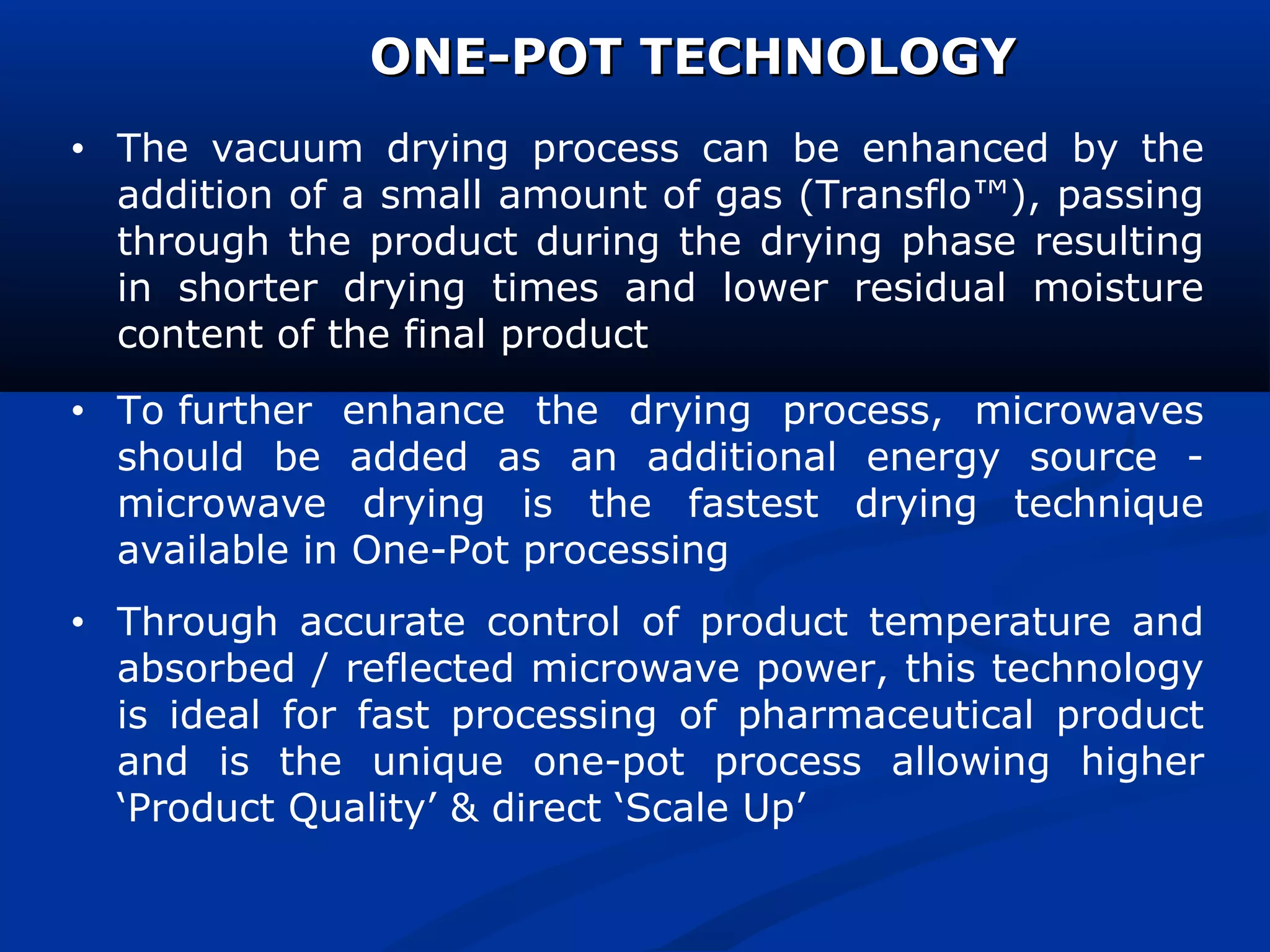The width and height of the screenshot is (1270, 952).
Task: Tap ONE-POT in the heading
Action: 496,57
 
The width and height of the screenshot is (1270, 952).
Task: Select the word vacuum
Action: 287,149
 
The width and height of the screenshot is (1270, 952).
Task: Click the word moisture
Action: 1118,289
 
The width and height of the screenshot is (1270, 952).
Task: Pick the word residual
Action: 930,289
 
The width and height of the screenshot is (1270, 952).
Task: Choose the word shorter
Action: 248,289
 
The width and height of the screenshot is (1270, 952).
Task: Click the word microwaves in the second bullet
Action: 1089,412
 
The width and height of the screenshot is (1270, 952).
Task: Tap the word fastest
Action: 753,504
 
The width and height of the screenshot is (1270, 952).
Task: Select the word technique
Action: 1108,505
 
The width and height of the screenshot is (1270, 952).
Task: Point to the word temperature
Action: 989,622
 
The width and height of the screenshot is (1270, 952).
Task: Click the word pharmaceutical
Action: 885,716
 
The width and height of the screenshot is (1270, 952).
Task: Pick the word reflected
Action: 430,669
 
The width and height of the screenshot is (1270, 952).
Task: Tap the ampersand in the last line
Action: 464,808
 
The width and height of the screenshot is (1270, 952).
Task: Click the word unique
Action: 438,763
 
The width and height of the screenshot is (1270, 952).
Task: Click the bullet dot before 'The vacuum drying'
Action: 77,149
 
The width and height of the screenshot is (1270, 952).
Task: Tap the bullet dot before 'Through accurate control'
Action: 77,623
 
